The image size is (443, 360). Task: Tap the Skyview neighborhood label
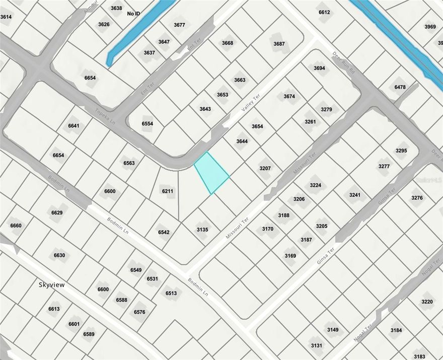52,284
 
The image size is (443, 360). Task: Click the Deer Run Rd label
344,63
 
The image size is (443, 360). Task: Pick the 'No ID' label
134,14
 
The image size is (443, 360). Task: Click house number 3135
202,230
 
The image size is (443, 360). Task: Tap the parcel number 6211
168,191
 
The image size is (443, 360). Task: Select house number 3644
242,141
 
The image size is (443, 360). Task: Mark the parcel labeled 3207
265,168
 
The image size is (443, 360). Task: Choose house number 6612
324,12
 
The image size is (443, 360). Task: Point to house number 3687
279,44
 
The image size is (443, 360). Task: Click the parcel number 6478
400,87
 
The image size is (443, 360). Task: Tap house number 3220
427,302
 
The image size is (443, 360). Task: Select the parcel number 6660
16,226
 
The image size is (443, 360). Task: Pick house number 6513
171,294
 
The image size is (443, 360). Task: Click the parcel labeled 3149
333,330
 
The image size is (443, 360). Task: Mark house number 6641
73,126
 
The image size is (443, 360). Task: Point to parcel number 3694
319,68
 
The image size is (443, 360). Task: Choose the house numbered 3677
179,25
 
